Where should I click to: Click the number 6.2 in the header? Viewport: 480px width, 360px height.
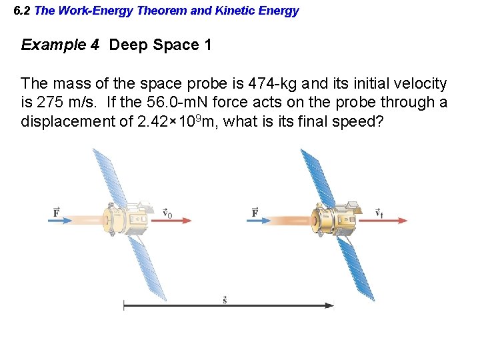22,11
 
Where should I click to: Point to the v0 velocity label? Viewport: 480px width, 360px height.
167,213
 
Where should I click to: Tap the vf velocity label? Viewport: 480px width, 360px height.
379,213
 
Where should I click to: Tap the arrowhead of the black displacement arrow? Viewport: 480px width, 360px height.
329,305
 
